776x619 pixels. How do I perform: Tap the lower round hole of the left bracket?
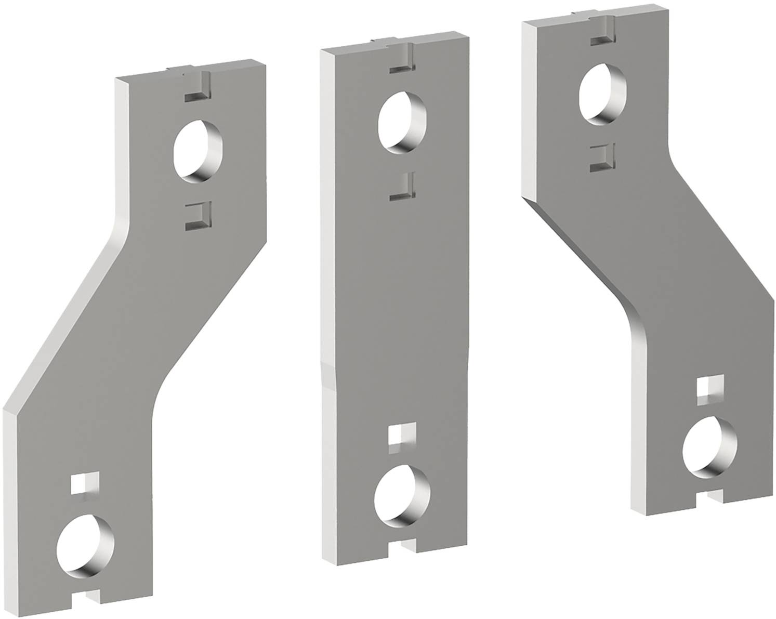click(86, 544)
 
